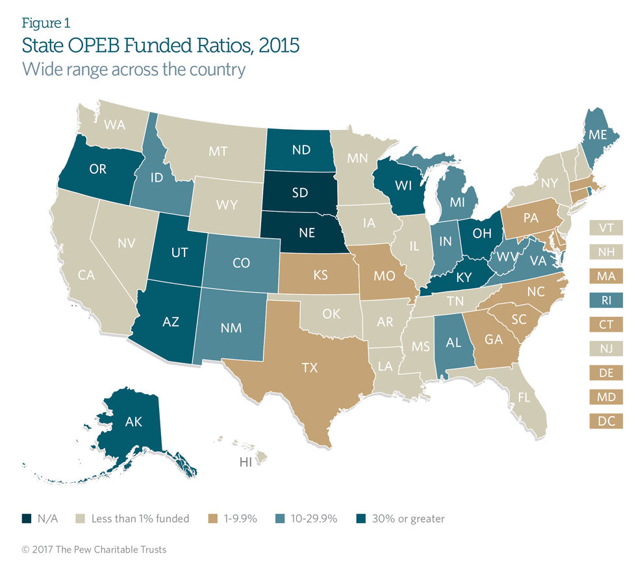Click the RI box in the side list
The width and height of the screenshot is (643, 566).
pos(606,300)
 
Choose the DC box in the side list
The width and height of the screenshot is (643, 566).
pos(606,421)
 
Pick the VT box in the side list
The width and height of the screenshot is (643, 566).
pos(606,228)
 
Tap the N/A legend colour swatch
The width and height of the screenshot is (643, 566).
pos(27,519)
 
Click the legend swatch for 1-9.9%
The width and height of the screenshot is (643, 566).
pos(212,519)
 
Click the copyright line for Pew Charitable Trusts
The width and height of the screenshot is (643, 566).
pos(94,550)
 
